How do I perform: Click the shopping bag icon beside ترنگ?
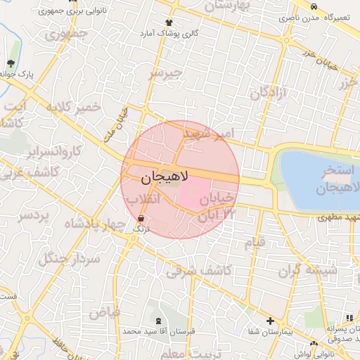coord(141,218)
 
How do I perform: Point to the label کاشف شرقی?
coord(190,269)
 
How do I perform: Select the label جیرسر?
coord(166,72)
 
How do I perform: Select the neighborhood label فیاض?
coord(104,311)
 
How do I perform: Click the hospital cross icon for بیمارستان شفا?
coord(271,321)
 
